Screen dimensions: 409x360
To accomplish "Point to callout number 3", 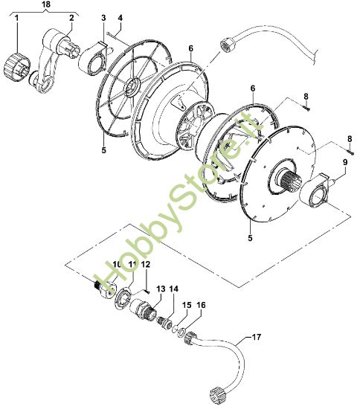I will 104,17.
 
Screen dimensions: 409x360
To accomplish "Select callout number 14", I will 174,289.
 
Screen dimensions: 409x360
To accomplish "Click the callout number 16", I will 201,305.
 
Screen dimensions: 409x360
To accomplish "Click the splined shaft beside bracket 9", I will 292,183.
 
